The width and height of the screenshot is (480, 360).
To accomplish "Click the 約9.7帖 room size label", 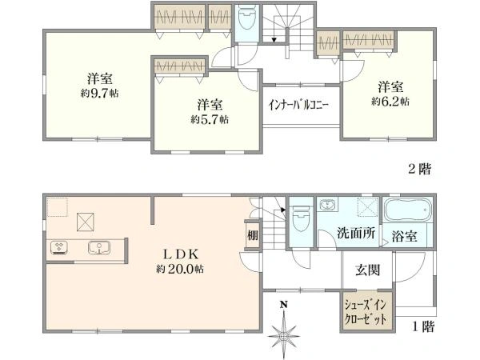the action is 99,93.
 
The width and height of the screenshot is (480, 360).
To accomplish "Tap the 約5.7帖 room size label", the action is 210,119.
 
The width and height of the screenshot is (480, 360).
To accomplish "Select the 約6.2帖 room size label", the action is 390,102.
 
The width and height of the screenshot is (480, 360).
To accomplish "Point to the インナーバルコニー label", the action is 298,105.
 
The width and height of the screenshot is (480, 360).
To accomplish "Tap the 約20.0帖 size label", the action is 180,269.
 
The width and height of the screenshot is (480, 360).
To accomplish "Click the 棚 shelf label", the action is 253,235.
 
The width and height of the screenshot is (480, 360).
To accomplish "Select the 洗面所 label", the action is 356,234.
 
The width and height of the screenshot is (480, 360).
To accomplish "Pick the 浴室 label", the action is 404,236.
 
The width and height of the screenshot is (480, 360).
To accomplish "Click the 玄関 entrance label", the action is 368,270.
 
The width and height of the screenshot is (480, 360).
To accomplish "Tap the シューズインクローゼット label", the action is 366,312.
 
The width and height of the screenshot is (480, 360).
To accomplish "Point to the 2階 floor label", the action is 420,169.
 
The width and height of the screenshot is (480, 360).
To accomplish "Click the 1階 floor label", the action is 423,326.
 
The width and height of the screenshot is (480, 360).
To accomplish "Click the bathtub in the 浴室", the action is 408,210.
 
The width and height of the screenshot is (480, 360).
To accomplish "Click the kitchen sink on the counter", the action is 99,247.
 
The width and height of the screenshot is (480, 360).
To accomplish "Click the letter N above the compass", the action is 284,305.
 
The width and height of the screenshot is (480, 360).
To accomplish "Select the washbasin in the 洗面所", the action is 327,204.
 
